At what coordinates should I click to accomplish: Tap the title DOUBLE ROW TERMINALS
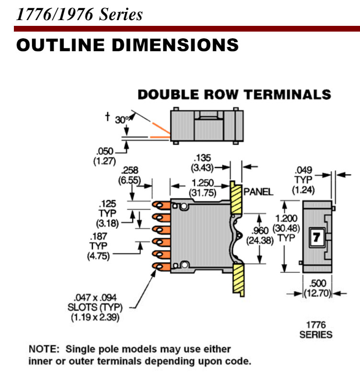[x=234, y=94]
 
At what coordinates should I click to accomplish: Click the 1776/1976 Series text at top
[x=79, y=14]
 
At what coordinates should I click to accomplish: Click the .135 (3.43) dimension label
[x=202, y=163]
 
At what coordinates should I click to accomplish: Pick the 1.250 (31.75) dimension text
[x=202, y=187]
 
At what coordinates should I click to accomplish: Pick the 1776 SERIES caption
[x=316, y=329]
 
